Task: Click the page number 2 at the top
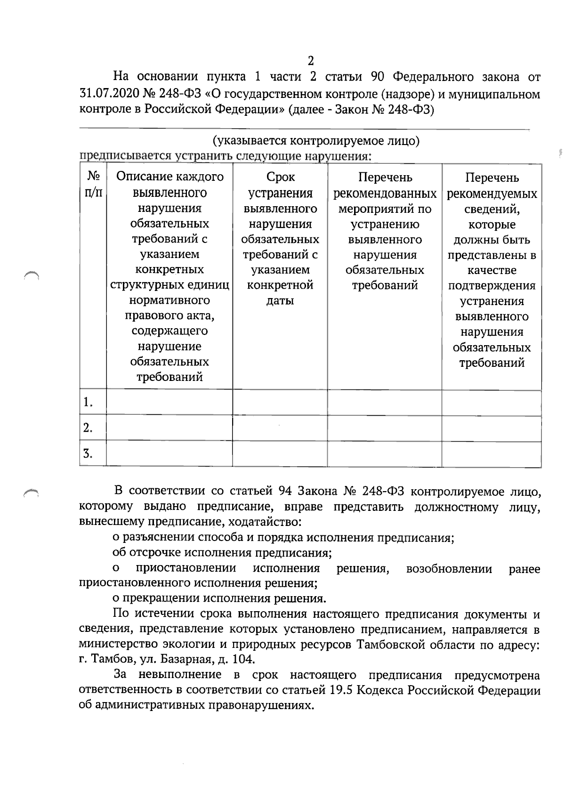pyautogui.click(x=311, y=61)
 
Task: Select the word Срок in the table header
pyautogui.click(x=280, y=177)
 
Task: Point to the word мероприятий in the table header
pyautogui.click(x=385, y=209)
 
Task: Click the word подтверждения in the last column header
pyautogui.click(x=492, y=286)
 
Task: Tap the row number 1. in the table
pyautogui.click(x=88, y=403)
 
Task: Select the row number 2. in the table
pyautogui.click(x=88, y=428)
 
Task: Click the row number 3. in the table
pyautogui.click(x=88, y=454)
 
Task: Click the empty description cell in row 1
pyautogui.click(x=169, y=403)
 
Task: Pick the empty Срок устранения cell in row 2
pyautogui.click(x=280, y=428)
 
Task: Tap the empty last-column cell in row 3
pyautogui.click(x=492, y=454)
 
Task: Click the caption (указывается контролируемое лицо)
pyautogui.click(x=316, y=141)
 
